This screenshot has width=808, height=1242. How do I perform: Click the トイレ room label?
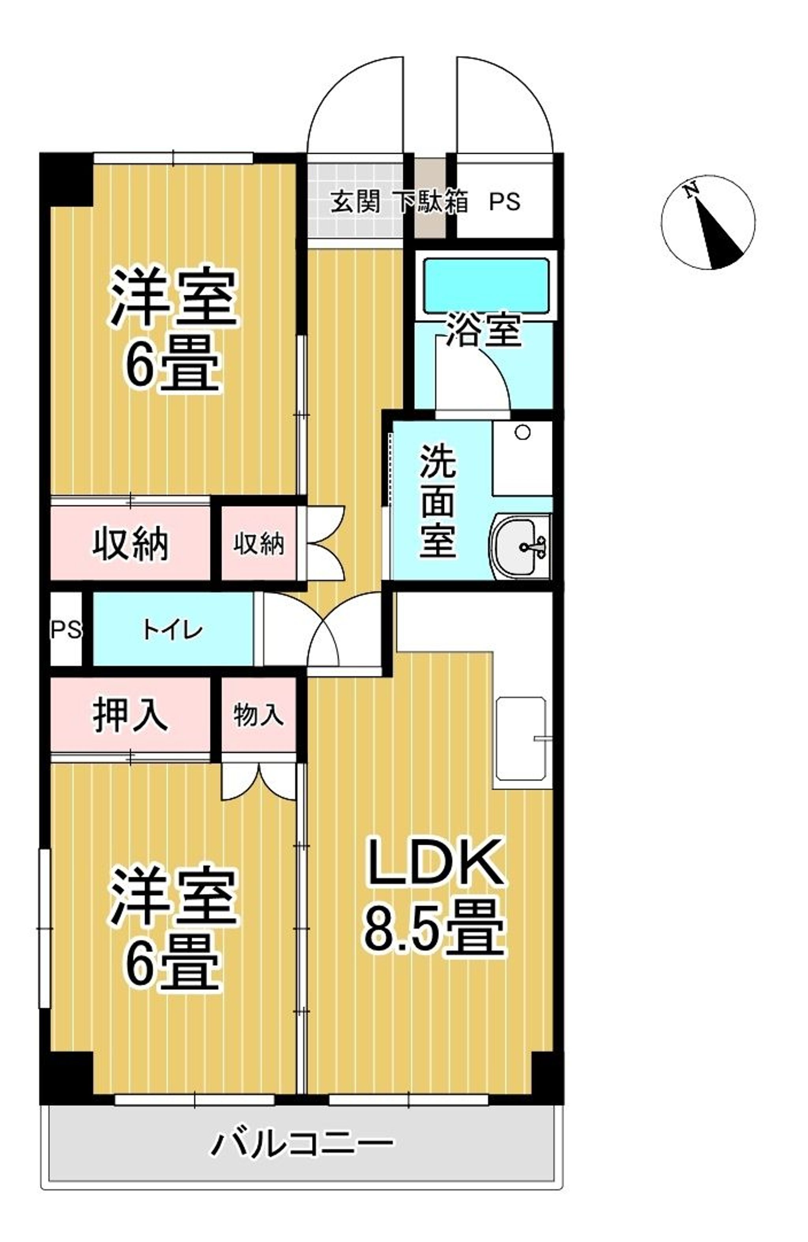173,630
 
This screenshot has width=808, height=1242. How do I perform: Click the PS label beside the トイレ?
66,630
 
